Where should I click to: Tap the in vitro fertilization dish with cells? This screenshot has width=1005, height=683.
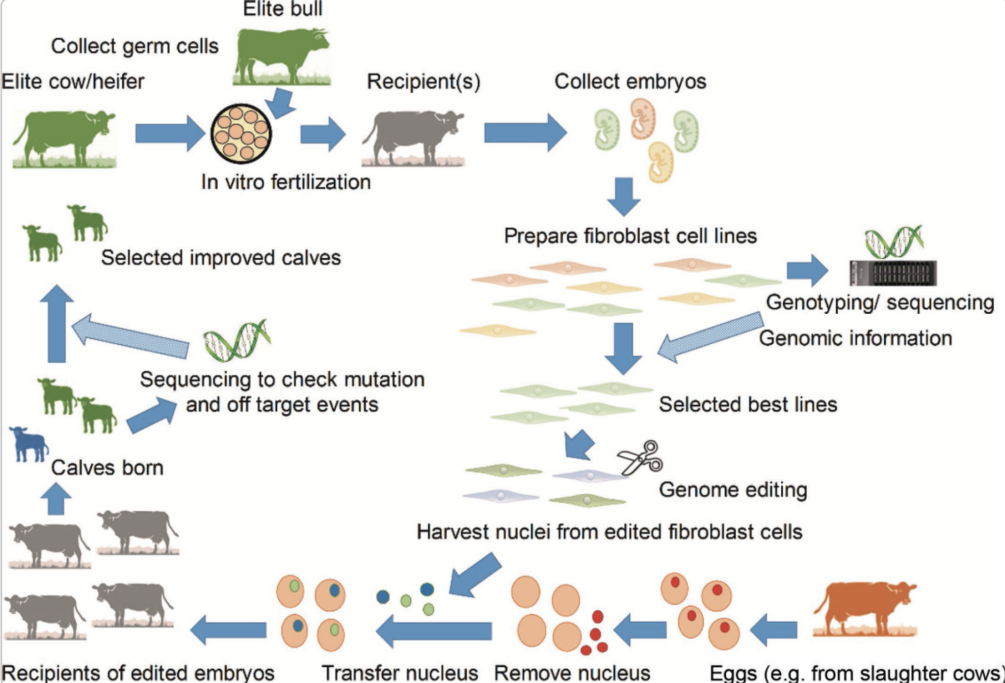[241, 133]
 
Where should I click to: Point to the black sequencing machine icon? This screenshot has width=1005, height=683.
[893, 273]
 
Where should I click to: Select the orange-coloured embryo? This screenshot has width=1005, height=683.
[642, 118]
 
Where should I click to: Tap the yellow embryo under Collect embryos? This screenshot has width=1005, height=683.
[661, 162]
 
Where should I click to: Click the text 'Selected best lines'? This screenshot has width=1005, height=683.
[747, 405]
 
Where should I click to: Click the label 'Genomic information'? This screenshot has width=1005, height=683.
[855, 338]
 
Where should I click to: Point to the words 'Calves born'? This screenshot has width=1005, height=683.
[107, 467]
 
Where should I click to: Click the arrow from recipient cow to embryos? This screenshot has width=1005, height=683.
[525, 133]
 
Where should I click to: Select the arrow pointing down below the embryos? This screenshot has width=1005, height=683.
[623, 196]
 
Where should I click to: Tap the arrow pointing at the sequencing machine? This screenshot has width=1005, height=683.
[807, 270]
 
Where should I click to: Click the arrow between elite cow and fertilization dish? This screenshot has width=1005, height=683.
[169, 133]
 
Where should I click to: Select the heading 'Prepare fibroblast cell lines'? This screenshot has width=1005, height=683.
[630, 236]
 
